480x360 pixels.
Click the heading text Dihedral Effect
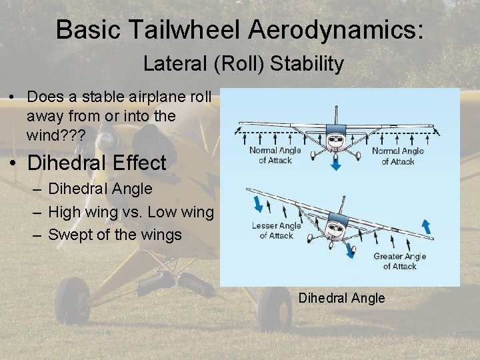[x=97, y=163]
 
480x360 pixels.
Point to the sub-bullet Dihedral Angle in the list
[x=100, y=189]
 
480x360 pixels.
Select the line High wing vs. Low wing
[x=131, y=212]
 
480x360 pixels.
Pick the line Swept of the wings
[x=115, y=235]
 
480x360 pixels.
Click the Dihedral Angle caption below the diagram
[x=341, y=298]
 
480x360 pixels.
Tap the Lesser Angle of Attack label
[x=276, y=230]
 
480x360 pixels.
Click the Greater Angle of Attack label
[x=399, y=261]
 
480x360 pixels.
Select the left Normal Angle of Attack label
[x=276, y=155]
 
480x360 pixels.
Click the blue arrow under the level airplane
[x=336, y=164]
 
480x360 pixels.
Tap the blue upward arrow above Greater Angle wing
[x=425, y=225]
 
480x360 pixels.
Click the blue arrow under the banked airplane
[x=350, y=250]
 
